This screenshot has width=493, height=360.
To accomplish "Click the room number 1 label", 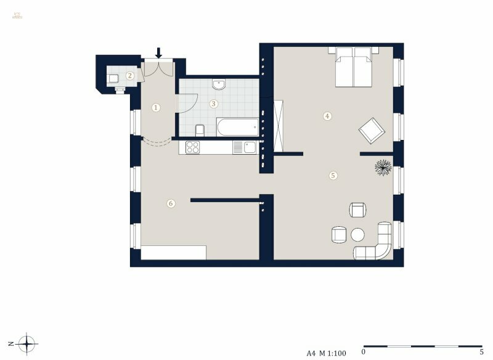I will pos(156,107).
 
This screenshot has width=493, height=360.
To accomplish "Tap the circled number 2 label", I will pos(130,76).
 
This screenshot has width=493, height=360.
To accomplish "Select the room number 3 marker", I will pos(213,104).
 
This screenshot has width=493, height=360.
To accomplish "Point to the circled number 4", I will pos(328,115).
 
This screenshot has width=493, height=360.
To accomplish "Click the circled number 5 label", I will pos(333,175).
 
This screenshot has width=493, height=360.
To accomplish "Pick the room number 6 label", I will pos(171,203).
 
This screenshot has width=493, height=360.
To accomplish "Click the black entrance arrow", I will pos(158,52).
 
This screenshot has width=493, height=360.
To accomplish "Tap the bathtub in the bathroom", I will pos(237,128).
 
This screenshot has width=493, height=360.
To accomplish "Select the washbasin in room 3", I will pos(219,84).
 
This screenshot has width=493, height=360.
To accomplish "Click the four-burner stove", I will pos(192,147).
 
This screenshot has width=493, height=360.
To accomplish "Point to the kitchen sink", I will pos(248,147).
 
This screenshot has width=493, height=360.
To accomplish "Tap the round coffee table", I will pos(358,235).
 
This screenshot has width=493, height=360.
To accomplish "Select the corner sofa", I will pos(377,242).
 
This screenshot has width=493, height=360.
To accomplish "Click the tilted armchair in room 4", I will pos(372,130).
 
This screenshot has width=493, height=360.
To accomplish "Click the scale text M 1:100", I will pos(335,354).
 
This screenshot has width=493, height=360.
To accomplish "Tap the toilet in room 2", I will pos(113,78).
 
